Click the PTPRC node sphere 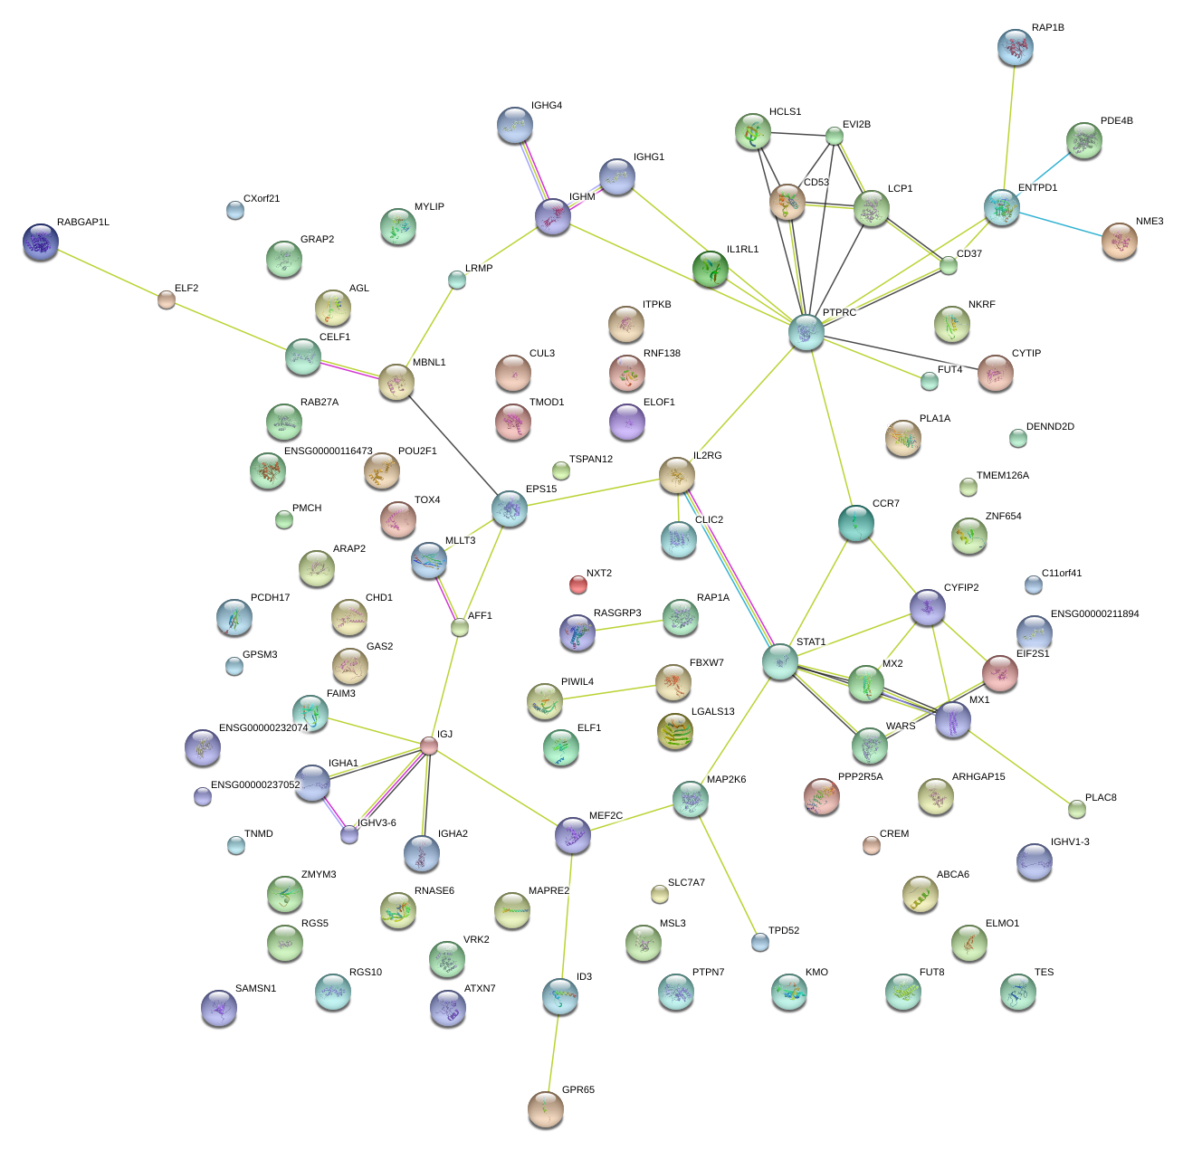806,332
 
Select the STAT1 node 779,661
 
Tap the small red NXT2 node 578,585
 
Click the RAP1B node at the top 1015,47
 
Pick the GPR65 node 545,1108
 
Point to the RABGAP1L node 41,242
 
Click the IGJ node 429,746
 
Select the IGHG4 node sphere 515,125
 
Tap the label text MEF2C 606,815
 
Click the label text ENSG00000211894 1094,614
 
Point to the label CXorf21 262,199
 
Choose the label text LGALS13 712,712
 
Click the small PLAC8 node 1076,808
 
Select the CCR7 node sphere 855,523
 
